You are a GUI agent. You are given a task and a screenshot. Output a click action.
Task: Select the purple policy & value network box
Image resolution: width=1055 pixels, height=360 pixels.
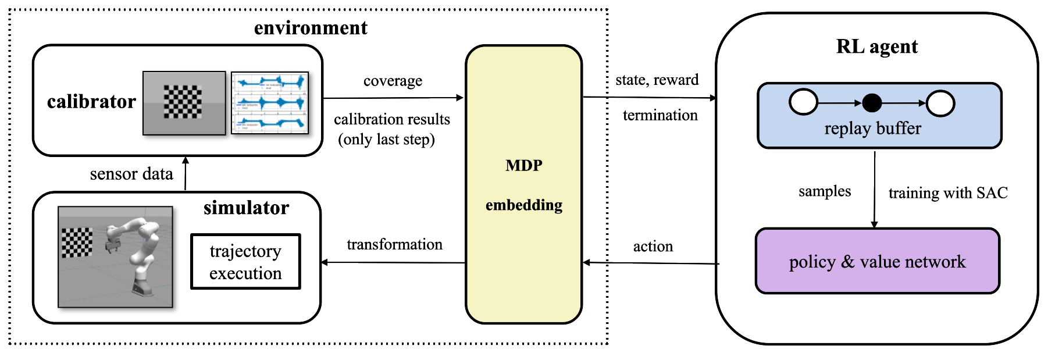point(877,262)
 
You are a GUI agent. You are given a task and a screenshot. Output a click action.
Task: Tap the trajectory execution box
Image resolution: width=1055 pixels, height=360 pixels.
point(245,262)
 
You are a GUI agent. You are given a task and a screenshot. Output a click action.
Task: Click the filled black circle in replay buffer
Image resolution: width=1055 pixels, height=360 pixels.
point(871,103)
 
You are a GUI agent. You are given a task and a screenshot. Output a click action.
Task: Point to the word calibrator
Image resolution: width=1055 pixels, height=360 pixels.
point(91,102)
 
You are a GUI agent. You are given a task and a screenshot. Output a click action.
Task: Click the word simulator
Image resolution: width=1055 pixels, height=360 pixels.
point(246,208)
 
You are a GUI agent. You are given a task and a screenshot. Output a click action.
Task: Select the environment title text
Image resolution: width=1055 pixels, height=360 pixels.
point(311,28)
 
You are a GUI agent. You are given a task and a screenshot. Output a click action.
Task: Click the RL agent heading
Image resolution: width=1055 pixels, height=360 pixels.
point(876,47)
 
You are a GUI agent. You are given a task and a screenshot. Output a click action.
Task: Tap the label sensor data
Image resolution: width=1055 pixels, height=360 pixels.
point(131,174)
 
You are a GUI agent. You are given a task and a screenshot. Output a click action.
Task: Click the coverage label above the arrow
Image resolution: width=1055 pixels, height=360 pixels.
point(393,81)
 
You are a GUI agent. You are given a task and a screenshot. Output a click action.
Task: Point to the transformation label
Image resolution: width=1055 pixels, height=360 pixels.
point(394,244)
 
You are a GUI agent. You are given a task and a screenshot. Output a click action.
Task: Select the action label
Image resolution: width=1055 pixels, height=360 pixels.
point(653,247)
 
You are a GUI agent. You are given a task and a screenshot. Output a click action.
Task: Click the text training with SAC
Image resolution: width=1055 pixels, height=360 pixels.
point(948,193)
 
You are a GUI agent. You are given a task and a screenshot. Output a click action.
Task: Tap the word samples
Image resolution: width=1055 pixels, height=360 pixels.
point(824,191)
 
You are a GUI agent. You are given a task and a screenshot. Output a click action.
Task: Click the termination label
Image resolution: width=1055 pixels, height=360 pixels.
point(660,115)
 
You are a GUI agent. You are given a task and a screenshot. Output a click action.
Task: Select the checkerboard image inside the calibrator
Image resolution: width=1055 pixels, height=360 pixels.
point(184,103)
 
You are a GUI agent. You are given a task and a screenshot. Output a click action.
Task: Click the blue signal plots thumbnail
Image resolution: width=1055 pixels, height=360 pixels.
point(269,103)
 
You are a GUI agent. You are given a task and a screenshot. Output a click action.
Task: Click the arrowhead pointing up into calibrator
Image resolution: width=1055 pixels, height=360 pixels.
point(186,160)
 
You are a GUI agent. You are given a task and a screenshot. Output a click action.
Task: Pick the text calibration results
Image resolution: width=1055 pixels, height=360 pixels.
point(391,119)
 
